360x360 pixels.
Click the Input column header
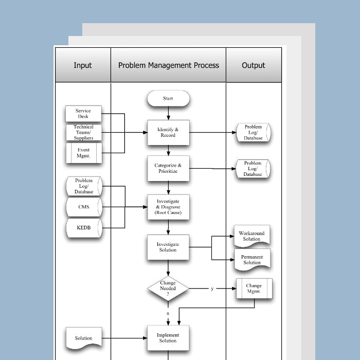[83, 65]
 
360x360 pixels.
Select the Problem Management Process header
[169, 65]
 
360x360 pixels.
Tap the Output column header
[254, 65]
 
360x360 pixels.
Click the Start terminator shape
[168, 98]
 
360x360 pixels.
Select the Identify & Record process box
[168, 133]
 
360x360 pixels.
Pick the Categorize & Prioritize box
[168, 168]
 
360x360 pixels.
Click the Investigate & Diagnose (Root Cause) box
[168, 207]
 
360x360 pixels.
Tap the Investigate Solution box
[168, 247]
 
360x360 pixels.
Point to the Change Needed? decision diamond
[168, 289]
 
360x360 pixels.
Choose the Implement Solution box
[168, 338]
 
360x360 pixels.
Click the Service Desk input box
[83, 114]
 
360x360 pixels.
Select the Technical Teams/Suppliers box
[83, 132]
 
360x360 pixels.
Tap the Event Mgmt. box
[83, 153]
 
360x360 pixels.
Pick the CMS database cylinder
[84, 207]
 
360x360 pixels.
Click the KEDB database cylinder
[84, 228]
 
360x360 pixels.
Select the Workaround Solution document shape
[252, 236]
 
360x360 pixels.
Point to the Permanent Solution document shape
[252, 260]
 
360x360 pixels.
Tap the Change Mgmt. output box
[254, 289]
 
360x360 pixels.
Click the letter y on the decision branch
[212, 289]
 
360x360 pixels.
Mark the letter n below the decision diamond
[168, 313]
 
